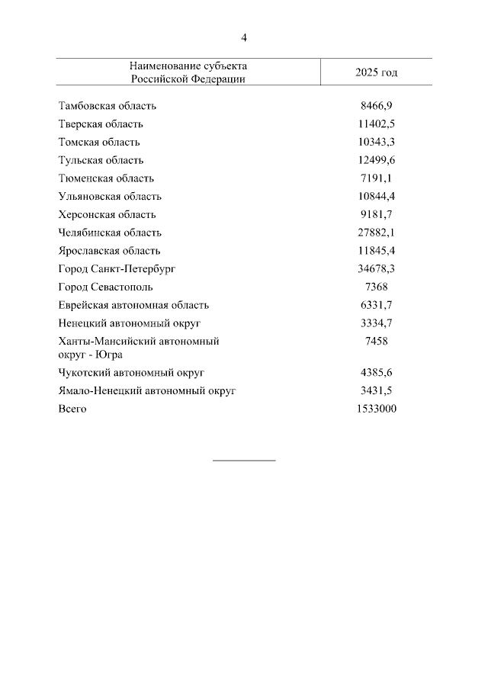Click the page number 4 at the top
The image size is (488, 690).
pyautogui.click(x=244, y=37)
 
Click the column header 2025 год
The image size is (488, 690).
pyautogui.click(x=377, y=72)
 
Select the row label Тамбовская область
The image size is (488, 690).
pyautogui.click(x=108, y=106)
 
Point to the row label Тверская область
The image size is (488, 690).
pyautogui.click(x=101, y=124)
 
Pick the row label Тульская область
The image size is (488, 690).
pyautogui.click(x=101, y=161)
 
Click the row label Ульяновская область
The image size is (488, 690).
pyautogui.click(x=110, y=197)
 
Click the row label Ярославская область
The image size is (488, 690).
pyautogui.click(x=110, y=251)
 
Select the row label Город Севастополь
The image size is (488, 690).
pyautogui.click(x=105, y=287)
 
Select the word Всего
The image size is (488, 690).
pyautogui.click(x=72, y=409)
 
